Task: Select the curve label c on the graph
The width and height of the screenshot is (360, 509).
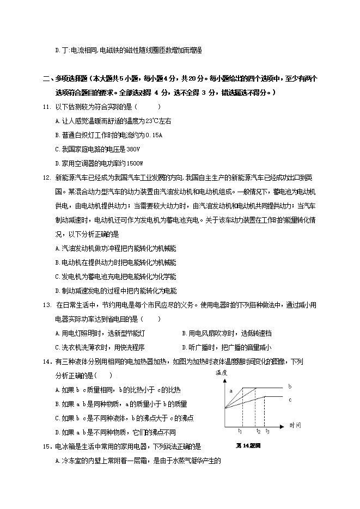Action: [x=290, y=400]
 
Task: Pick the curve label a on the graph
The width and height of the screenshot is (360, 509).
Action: [x=231, y=391]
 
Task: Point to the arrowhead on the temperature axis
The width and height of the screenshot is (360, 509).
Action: [x=223, y=379]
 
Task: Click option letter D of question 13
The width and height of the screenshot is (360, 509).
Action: [x=184, y=347]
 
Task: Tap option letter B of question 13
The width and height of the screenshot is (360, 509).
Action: [x=184, y=333]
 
